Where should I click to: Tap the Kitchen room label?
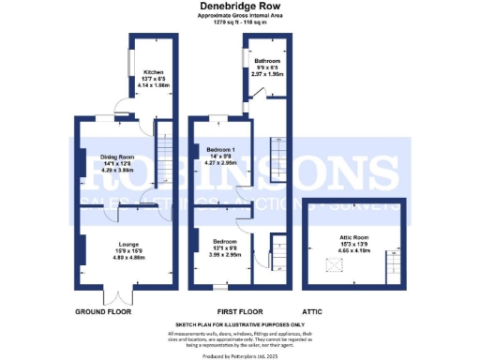(x=153, y=72)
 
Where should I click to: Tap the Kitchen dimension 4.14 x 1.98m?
(x=153, y=85)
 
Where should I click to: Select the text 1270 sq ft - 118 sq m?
(x=239, y=22)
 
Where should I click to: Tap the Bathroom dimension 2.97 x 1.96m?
(x=268, y=74)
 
